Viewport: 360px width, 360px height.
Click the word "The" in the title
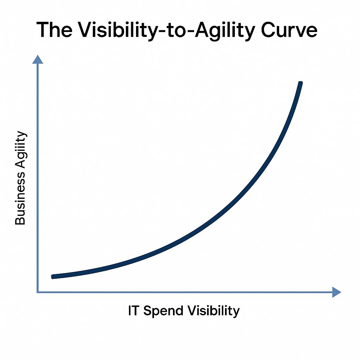[x=54, y=30]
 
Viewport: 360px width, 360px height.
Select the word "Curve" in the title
[x=289, y=30]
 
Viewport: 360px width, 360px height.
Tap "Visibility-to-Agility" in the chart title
[x=167, y=31]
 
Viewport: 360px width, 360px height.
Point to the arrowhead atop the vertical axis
[x=38, y=59]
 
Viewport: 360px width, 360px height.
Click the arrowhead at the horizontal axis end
[x=336, y=292]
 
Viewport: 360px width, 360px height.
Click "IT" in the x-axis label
[x=133, y=310]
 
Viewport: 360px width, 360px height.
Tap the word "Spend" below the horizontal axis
[x=163, y=311]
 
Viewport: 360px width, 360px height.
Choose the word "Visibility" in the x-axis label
[x=214, y=311]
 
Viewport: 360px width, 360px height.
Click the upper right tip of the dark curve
[x=301, y=83]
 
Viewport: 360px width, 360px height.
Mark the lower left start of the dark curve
[x=53, y=277]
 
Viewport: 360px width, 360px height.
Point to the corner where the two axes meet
[x=38, y=292]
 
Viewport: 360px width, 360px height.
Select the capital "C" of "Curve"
[x=268, y=30]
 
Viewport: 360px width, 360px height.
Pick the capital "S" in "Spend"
[x=148, y=311]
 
